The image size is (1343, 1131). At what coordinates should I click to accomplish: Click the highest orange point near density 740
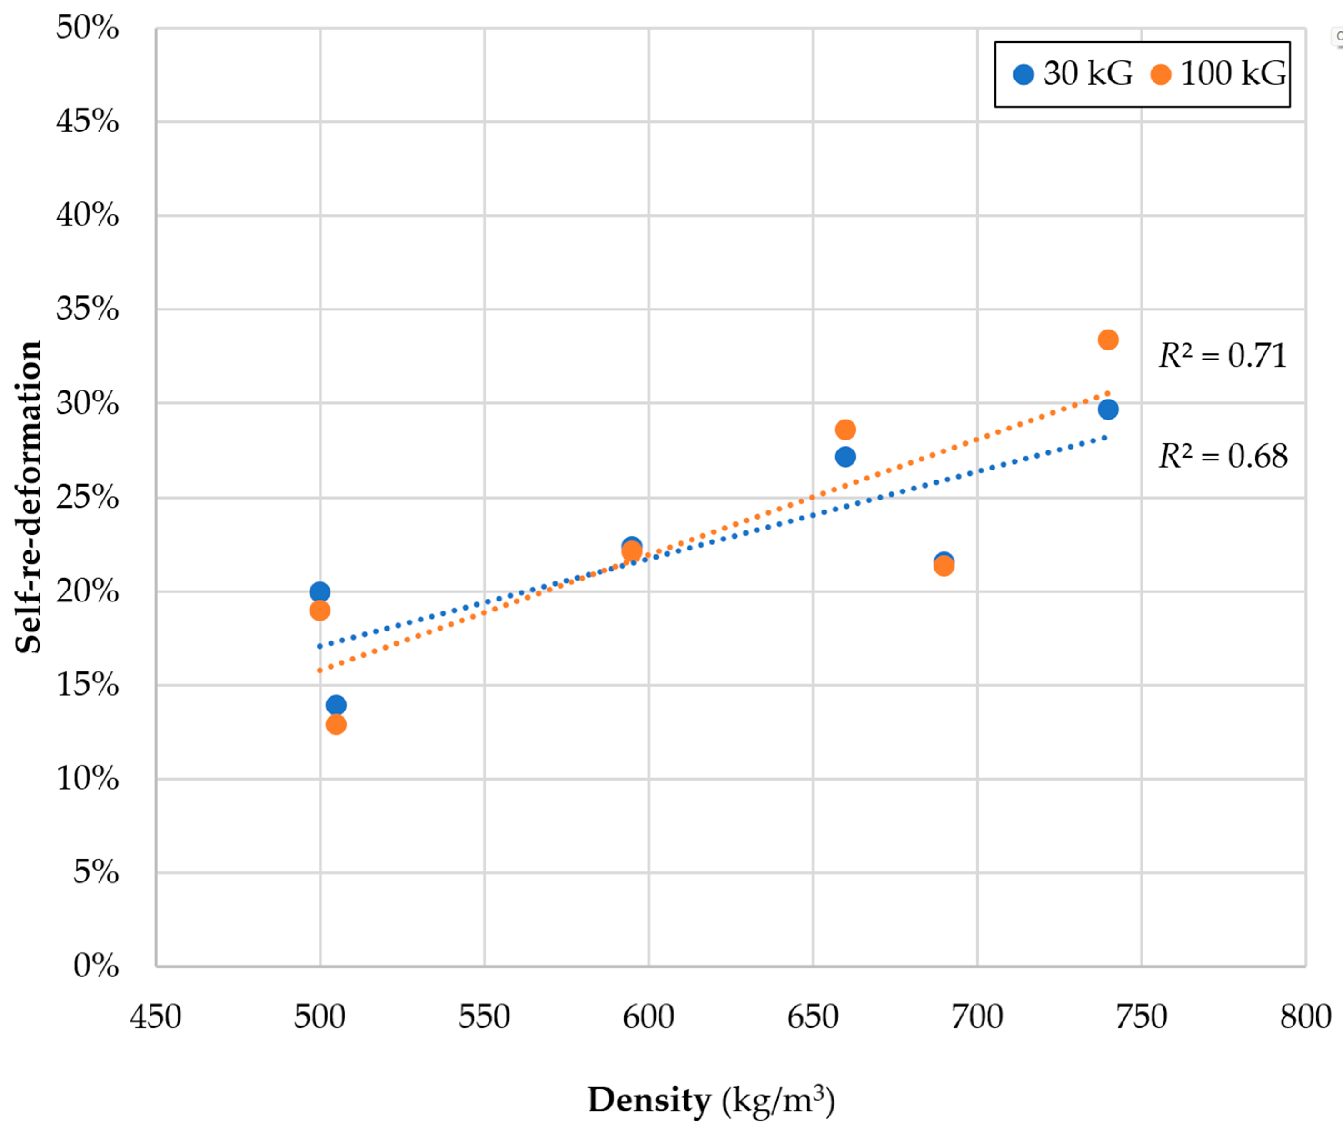click(1108, 340)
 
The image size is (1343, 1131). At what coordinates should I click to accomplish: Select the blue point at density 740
click(1108, 409)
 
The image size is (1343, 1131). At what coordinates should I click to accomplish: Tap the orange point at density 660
click(845, 429)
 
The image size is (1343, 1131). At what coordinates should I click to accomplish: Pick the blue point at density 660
click(845, 456)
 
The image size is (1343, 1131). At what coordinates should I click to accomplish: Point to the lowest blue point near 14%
click(336, 705)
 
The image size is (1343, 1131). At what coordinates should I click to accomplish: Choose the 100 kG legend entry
click(1218, 74)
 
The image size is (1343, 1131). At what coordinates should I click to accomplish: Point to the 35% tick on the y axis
click(87, 309)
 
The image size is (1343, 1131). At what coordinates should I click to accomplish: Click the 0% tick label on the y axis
click(95, 966)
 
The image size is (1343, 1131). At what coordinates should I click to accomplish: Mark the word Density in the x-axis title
click(649, 1100)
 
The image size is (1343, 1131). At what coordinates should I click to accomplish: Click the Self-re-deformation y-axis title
click(28, 497)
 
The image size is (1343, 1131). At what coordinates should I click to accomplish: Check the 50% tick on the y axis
click(87, 28)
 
